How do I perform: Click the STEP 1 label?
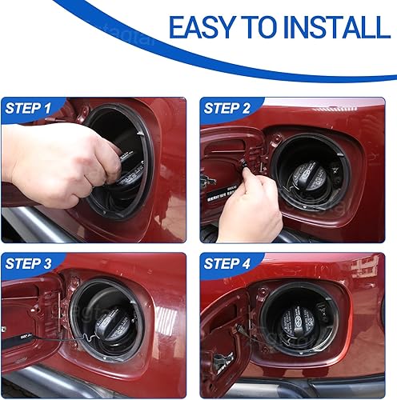[x=29, y=107]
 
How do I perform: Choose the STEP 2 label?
[x=227, y=107]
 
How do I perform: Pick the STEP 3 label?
[x=29, y=263]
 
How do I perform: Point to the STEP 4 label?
[x=228, y=263]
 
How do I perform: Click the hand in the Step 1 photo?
[x=56, y=160]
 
